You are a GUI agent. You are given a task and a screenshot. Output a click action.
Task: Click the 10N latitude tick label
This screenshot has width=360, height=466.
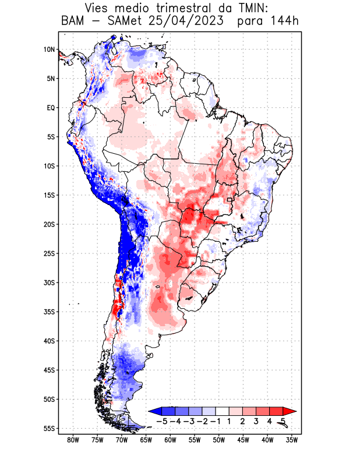(x=50, y=50)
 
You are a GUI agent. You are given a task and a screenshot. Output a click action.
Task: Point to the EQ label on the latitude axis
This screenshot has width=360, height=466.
(x=51, y=108)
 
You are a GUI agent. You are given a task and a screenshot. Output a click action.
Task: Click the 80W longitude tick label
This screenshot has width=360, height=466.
(x=73, y=440)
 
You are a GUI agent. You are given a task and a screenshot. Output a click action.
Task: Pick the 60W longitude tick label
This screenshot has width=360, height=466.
(x=170, y=440)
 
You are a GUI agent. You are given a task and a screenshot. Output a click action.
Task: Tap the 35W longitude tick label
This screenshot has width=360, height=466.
(x=292, y=440)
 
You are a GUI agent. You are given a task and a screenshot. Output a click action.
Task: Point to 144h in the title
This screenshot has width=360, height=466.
(x=284, y=22)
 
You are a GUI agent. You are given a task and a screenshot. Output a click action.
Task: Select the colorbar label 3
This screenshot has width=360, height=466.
(x=256, y=421)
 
